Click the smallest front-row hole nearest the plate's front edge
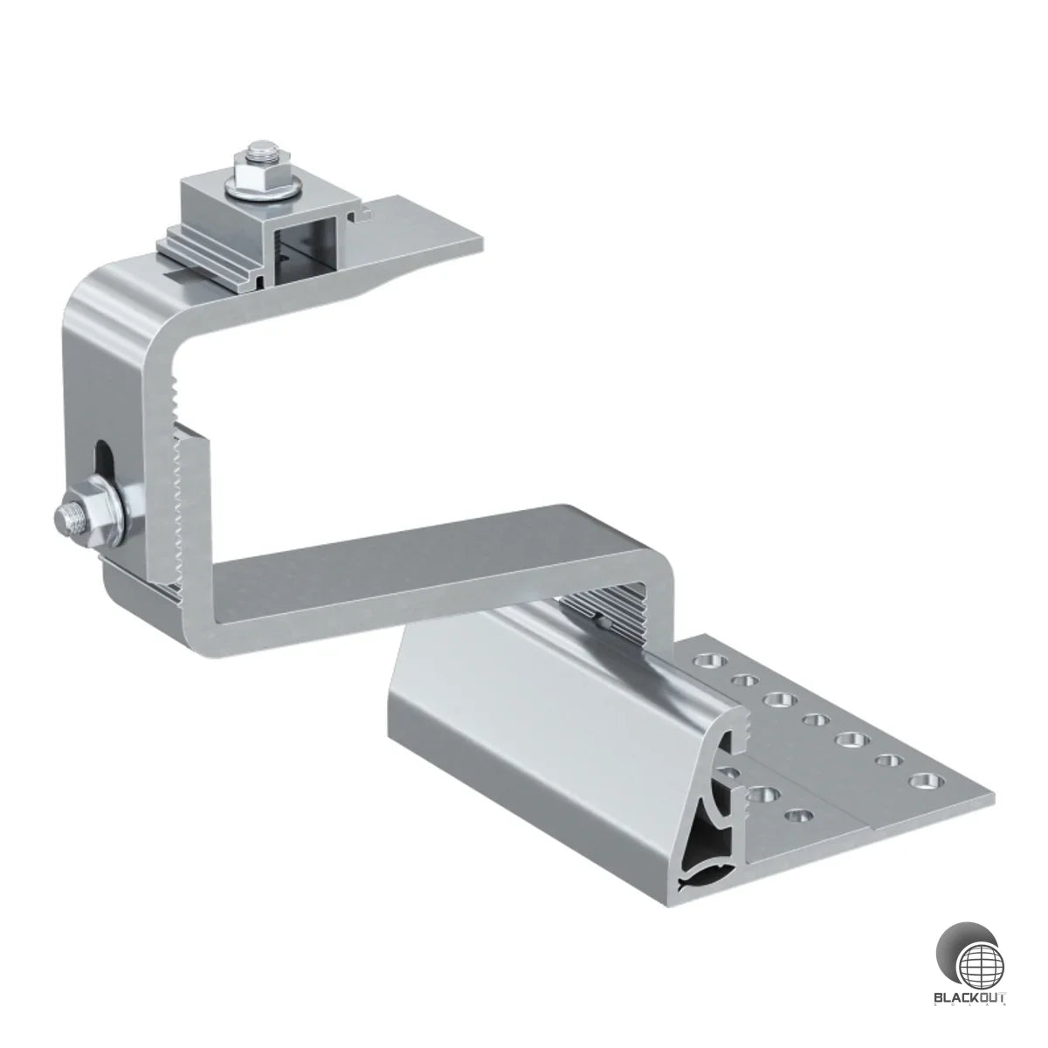click(796, 816)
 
